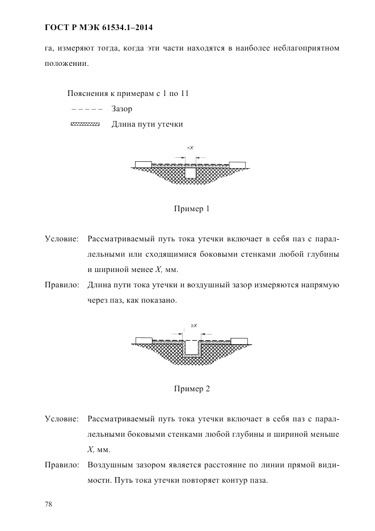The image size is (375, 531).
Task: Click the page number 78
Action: pos(48,504)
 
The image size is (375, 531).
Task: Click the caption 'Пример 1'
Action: pos(192,208)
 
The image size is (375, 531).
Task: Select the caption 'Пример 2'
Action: pos(192,389)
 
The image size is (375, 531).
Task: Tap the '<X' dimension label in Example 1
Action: pos(191,148)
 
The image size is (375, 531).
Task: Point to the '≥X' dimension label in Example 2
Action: pos(193,325)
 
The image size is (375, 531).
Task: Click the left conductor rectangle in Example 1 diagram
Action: pos(143,164)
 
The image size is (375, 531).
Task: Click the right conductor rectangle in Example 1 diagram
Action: pos(238,164)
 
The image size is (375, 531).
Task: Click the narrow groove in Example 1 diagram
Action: pos(191,172)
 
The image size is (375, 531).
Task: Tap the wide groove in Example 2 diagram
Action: pos(192,347)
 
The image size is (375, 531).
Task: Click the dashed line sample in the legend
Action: pos(85,109)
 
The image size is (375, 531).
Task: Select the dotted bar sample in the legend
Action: pos(85,124)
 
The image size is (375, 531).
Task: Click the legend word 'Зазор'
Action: pos(122,109)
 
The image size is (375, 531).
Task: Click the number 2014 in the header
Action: pos(141,27)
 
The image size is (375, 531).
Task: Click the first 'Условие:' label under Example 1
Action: pos(61,239)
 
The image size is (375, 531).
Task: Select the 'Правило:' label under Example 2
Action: pos(61,465)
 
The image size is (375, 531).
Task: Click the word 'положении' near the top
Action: pos(65,64)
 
